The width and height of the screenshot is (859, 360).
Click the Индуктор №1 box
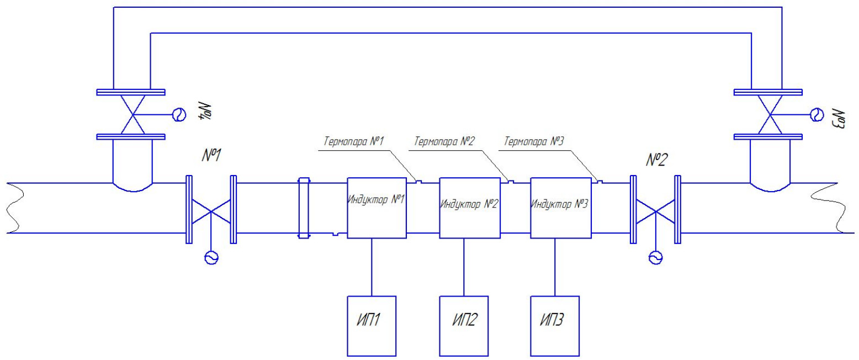pos(377,208)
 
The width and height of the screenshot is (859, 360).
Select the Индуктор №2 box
pos(469,208)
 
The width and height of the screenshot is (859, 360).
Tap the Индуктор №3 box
pos(560,208)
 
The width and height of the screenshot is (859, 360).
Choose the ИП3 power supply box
pos(555,326)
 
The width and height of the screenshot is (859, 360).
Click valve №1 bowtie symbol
pos(210,210)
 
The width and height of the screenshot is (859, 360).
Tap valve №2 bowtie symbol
pos(655,210)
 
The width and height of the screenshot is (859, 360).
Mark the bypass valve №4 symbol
pos(131,114)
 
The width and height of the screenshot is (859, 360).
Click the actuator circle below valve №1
pos(210,257)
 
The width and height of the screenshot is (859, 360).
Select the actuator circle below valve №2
pos(655,257)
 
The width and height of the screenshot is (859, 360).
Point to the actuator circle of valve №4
pos(179,114)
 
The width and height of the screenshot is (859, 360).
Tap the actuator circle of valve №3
pos(815,114)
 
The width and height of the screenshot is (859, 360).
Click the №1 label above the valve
pos(211,156)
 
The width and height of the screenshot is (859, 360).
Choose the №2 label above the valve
pos(656,160)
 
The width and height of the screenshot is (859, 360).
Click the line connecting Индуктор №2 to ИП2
pos(464,267)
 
